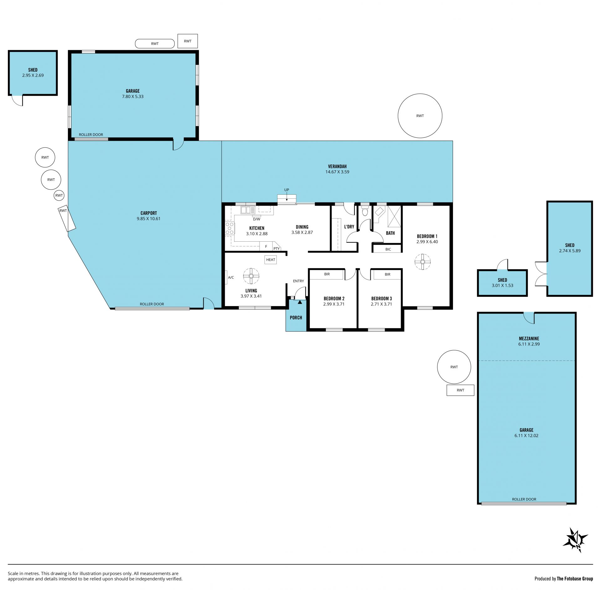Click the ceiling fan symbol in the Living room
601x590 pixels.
251,276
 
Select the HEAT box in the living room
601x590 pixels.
271,259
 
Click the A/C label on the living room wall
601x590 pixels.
231,277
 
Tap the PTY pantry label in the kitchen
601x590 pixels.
276,249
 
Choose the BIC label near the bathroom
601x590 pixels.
388,249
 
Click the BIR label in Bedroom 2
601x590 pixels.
327,274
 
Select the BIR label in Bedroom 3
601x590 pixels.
388,274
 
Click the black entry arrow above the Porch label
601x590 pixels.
300,302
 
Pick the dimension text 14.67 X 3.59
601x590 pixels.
337,172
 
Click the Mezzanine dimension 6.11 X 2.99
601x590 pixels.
529,344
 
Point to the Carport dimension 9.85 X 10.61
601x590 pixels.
148,219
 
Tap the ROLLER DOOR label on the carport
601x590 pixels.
152,304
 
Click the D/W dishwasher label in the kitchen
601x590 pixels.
257,219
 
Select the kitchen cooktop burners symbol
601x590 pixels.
229,228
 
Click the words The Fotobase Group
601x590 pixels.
575,578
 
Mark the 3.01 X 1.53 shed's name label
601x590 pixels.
502,280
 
